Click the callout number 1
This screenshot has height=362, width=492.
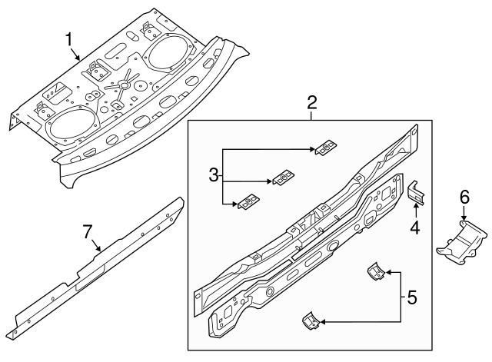(x=70, y=38)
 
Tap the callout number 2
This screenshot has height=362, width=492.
(x=311, y=102)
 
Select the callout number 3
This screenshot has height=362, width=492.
(x=214, y=176)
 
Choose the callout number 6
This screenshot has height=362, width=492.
(x=464, y=198)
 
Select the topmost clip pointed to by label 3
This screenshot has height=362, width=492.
(x=329, y=146)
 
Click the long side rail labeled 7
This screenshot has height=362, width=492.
(x=100, y=265)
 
